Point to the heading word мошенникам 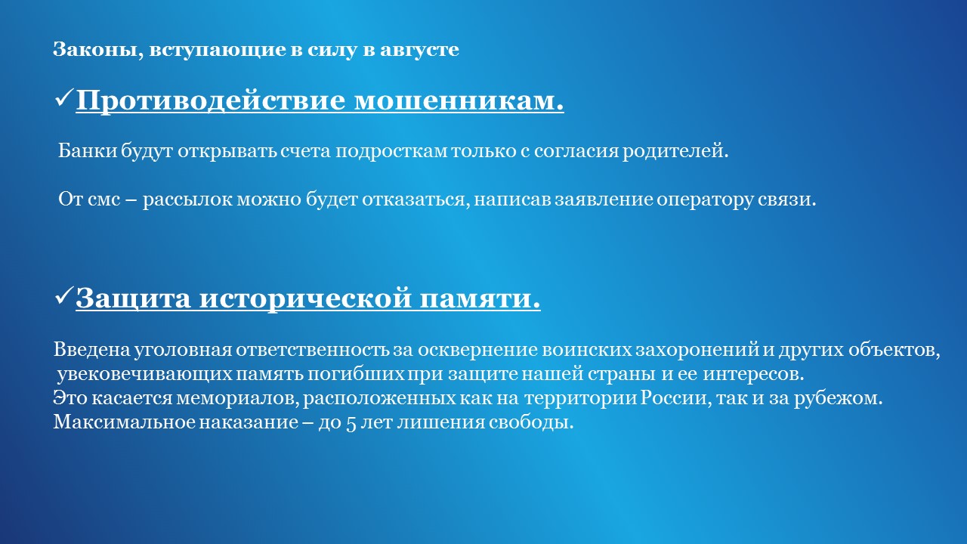[x=459, y=100]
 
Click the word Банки [x=88, y=150]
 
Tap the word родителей [x=675, y=151]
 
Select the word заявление [x=604, y=199]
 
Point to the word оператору [x=706, y=200]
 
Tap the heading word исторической [x=305, y=298]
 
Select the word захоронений [x=697, y=350]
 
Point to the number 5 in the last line [x=351, y=423]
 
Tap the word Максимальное [x=125, y=422]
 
